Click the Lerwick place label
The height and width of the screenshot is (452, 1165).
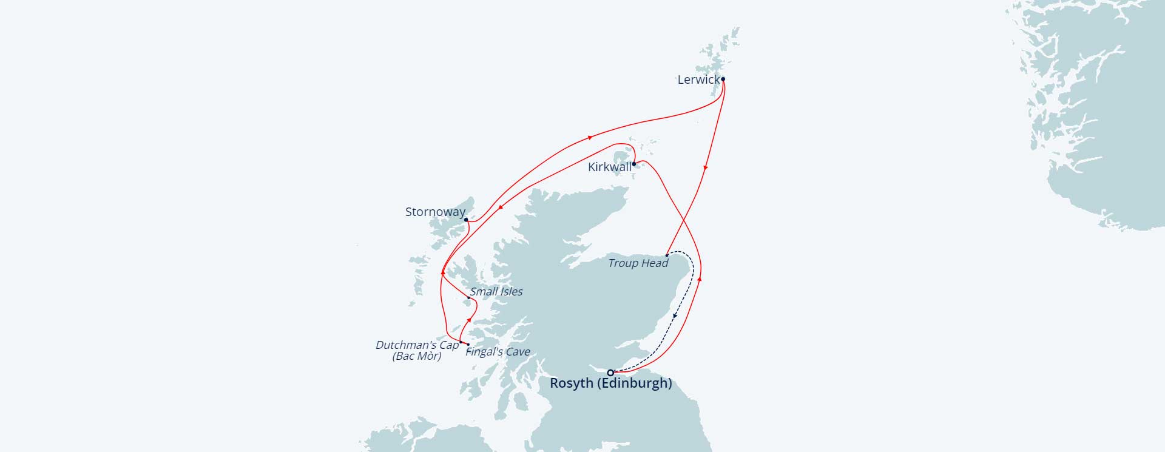point(698,80)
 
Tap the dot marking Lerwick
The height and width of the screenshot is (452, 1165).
point(723,79)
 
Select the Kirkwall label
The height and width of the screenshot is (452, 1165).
point(609,167)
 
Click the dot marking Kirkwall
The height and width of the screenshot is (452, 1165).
point(634,164)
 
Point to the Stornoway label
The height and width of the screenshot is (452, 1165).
point(435,212)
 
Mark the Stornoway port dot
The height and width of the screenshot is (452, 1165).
point(466,220)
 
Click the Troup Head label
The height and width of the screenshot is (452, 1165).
point(638,263)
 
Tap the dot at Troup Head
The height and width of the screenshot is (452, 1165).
point(667,255)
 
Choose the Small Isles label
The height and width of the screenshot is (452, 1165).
point(496,292)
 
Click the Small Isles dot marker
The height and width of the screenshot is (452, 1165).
point(468,298)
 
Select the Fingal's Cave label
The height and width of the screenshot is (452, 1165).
point(498,352)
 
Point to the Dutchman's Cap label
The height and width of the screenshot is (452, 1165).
point(417,345)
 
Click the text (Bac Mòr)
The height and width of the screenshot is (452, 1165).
point(417,356)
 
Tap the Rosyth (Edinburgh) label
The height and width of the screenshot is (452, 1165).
point(610,383)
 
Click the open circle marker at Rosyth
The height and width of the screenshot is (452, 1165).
point(610,373)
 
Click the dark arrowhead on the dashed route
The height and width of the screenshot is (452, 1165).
point(675,315)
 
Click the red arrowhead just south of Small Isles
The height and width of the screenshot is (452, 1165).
point(469,319)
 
